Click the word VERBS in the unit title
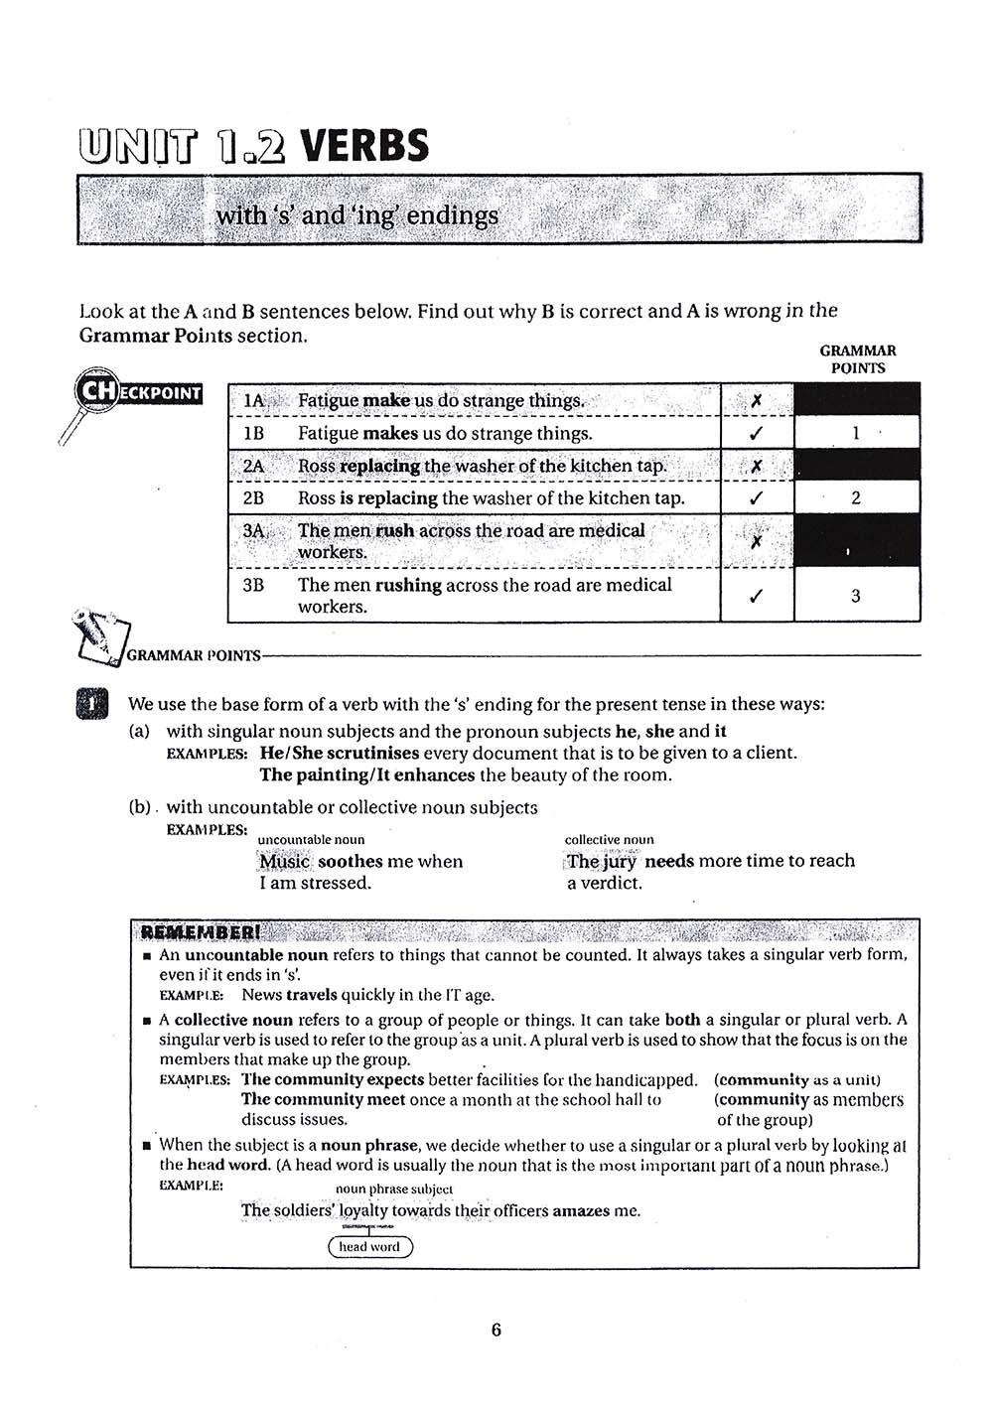coord(364,146)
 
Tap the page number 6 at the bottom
coord(496,1331)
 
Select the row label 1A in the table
coord(254,400)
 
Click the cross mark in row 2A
coord(757,466)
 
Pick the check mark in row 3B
coord(757,596)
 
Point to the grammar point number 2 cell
coord(856,498)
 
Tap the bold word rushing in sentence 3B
coord(408,586)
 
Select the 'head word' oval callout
coord(369,1247)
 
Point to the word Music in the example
coord(284,862)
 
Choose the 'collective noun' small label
coord(610,840)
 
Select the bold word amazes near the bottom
coord(582,1211)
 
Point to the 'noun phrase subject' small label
coord(394,1189)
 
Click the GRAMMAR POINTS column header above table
coord(857,358)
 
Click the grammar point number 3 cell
coord(856,596)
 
